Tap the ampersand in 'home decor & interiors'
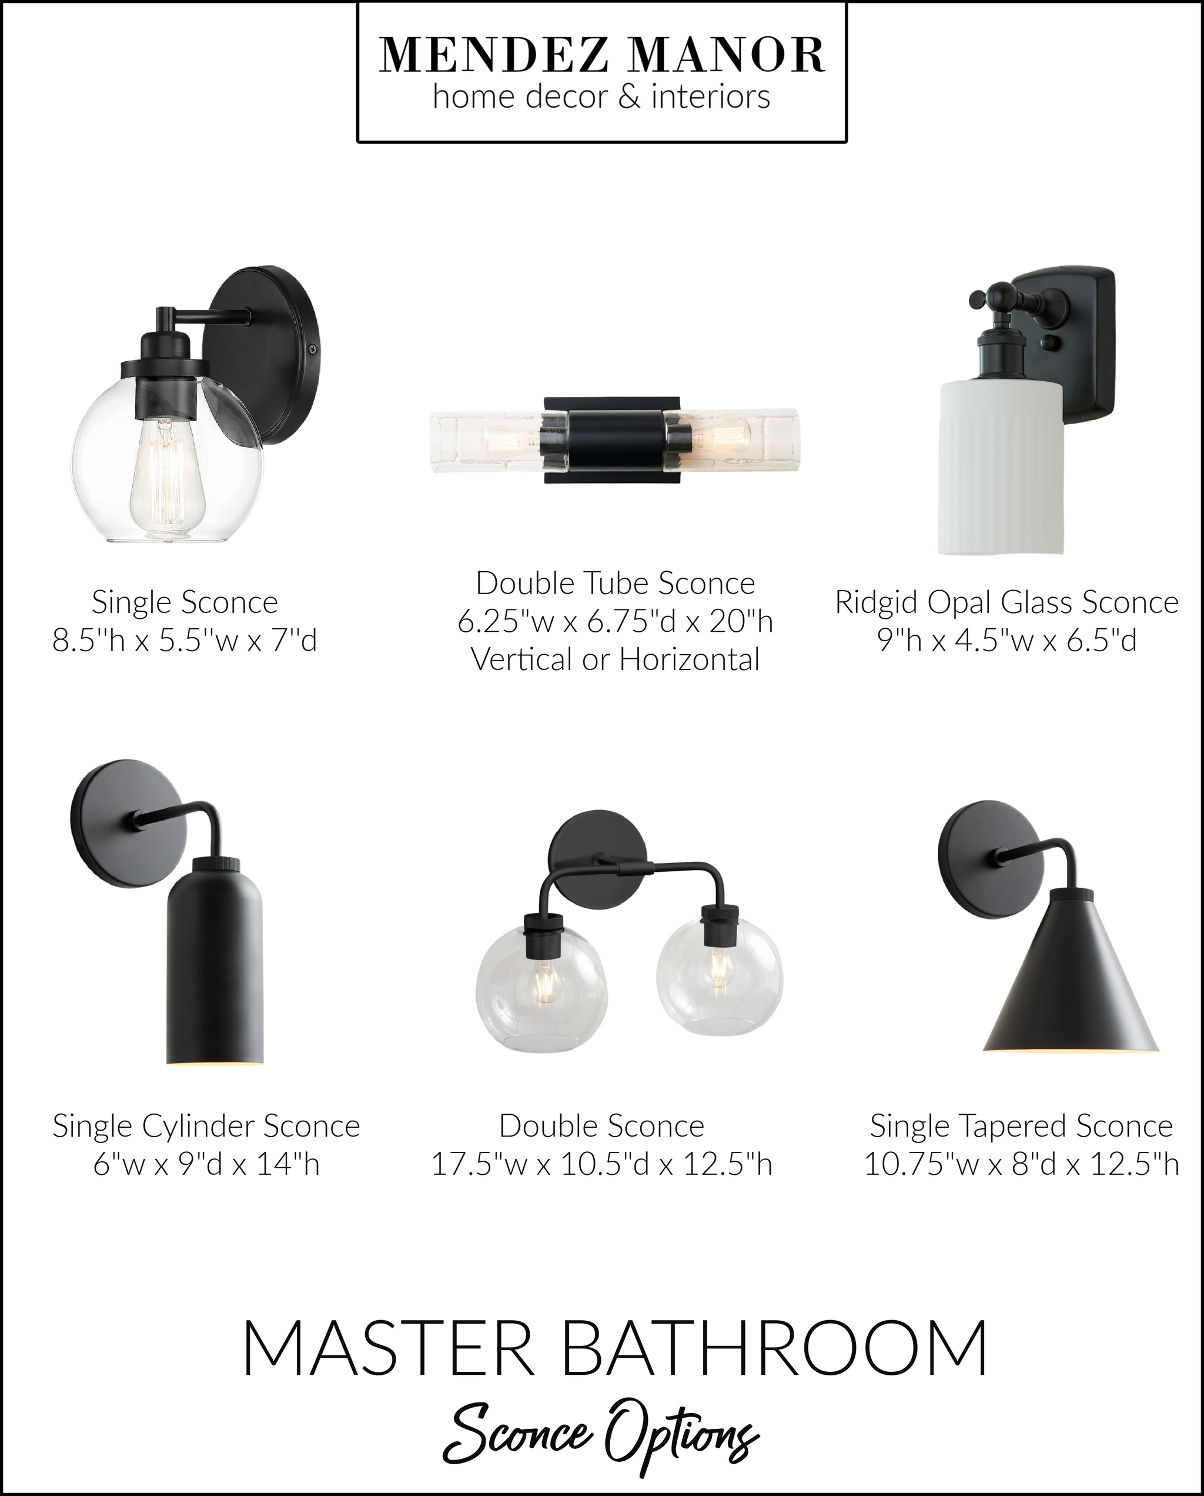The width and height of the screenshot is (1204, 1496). click(x=628, y=97)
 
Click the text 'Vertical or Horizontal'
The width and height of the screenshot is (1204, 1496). click(x=615, y=659)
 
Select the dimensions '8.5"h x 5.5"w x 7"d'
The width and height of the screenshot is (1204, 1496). click(x=185, y=639)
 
